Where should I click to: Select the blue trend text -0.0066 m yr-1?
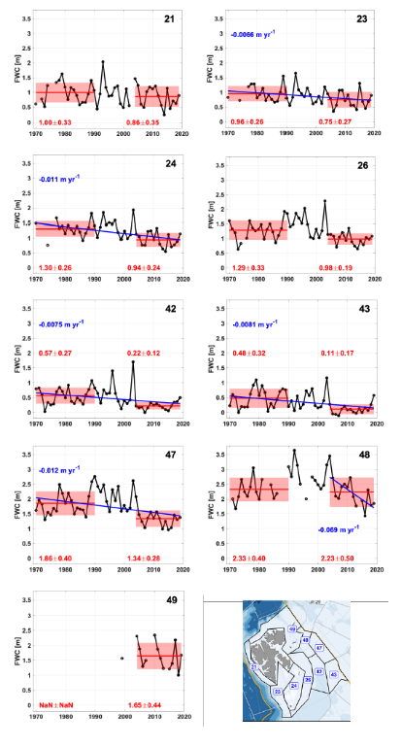[x=257, y=31]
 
